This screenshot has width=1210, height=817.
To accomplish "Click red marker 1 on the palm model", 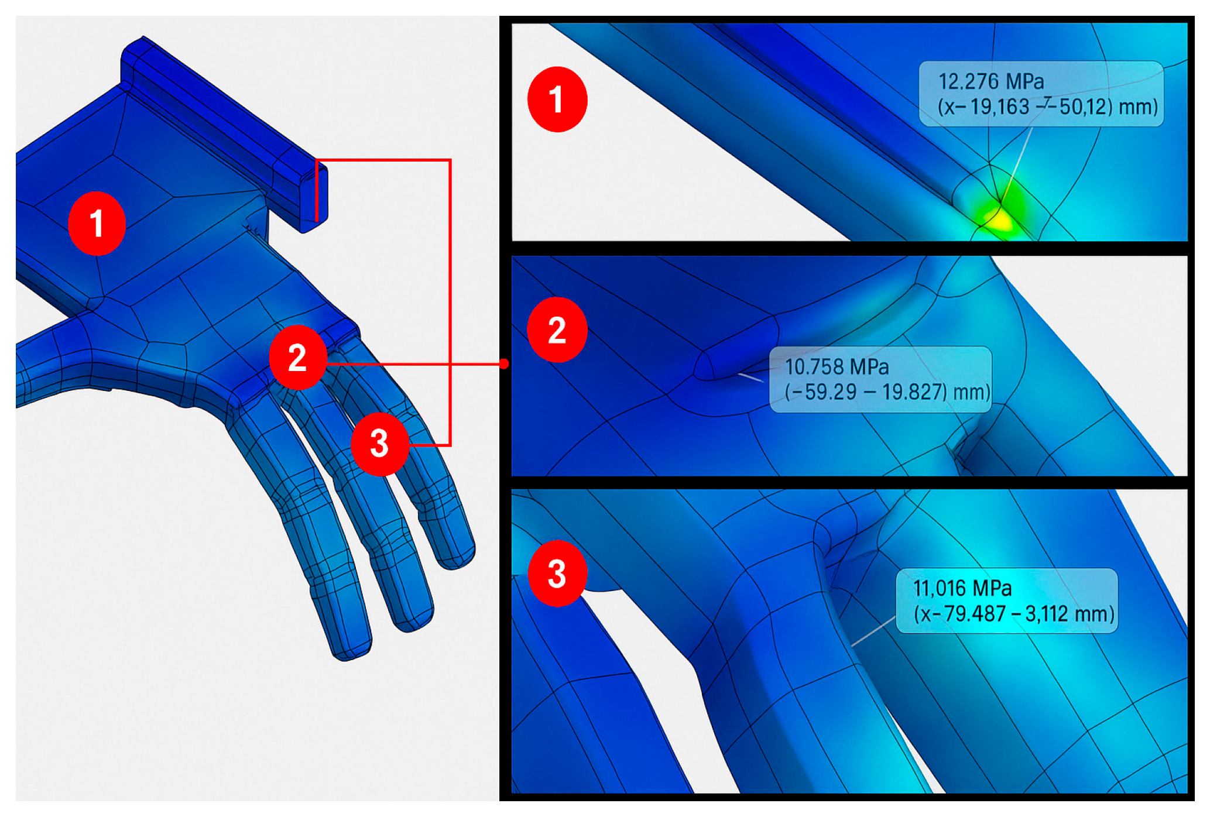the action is [97, 224].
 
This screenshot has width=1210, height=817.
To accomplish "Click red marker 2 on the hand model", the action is [297, 357].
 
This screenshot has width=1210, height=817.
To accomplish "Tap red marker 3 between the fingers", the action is [379, 443].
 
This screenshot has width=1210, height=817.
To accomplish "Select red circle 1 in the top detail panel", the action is [557, 99].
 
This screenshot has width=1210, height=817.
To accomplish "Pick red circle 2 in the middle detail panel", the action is [557, 329].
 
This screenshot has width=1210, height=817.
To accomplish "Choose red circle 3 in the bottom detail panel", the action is [557, 573].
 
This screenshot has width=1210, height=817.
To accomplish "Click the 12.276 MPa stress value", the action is [991, 81].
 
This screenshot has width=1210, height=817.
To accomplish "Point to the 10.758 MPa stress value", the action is [837, 367].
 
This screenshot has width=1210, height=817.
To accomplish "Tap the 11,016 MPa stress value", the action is [962, 588].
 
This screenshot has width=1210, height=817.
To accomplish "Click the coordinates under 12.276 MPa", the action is [1047, 107].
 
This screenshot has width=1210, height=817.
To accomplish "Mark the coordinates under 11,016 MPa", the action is [1014, 614].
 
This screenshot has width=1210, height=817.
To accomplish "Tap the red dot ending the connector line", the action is [504, 364].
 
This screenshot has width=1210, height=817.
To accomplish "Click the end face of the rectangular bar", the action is [314, 198].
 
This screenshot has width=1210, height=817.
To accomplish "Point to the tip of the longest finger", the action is [350, 647].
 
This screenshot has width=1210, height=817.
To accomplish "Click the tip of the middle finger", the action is [413, 617].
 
